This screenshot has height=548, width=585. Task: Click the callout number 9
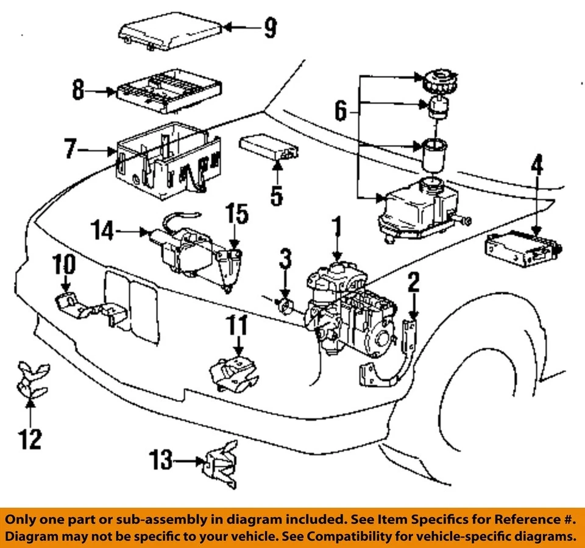coord(269,27)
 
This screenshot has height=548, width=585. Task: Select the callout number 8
coord(77,92)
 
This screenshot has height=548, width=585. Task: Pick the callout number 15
coord(238,214)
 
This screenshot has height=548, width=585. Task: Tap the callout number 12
coord(30,438)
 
